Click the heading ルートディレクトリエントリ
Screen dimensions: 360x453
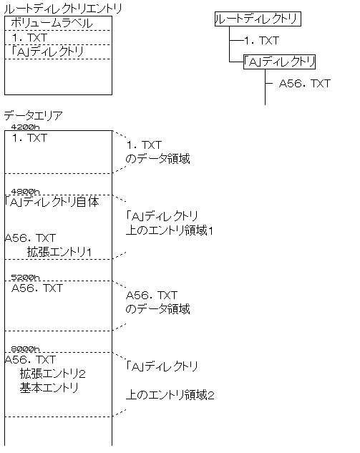[x=63, y=9]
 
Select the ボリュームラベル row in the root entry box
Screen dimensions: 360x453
[x=52, y=23]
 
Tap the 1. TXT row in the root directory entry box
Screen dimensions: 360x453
[x=29, y=37]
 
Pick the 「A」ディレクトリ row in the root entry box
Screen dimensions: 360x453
[x=47, y=52]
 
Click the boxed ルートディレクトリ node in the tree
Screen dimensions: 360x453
[x=258, y=19]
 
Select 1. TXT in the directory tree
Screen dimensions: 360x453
[x=262, y=41]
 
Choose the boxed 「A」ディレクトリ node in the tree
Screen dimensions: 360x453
[x=279, y=62]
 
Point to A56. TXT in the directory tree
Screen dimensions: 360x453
[x=304, y=84]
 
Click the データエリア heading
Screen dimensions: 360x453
[x=33, y=116]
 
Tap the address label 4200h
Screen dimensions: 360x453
[x=26, y=127]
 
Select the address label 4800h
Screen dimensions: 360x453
[x=26, y=191]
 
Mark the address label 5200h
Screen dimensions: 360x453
[x=26, y=278]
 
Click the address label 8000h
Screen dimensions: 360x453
[x=26, y=349]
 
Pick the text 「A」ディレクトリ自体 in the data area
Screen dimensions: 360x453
[x=52, y=202]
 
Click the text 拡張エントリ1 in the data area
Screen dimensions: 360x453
[x=59, y=252]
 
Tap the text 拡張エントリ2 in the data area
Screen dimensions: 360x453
[x=52, y=374]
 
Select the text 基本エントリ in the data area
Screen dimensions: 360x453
[x=49, y=388]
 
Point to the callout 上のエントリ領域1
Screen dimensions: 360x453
[x=170, y=230]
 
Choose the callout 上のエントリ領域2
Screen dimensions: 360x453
[x=170, y=395]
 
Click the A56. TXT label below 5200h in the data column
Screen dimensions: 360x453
[x=37, y=288]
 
